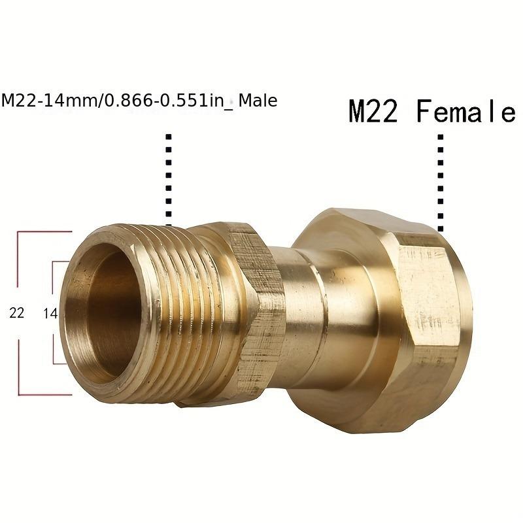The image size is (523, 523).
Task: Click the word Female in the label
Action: [x=465, y=112]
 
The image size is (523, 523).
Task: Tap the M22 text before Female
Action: [x=373, y=112]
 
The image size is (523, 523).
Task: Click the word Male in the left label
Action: [x=258, y=101]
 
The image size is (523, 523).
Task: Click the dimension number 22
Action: [x=16, y=313]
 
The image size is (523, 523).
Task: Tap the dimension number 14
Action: [x=50, y=313]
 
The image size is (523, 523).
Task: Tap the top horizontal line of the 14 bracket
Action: [x=60, y=262]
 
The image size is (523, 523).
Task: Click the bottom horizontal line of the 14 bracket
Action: [x=60, y=363]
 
